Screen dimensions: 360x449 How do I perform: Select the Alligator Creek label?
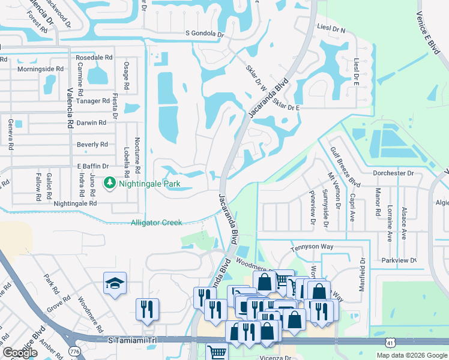[156, 223]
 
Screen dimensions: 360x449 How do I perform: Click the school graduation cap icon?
[115, 284]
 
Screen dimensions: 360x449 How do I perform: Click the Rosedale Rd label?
[94, 58]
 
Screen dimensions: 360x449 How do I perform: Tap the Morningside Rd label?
[40, 69]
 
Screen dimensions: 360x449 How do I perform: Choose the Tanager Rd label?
[93, 101]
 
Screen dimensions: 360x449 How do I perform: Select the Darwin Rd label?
[92, 122]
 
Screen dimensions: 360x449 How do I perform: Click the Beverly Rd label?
[92, 145]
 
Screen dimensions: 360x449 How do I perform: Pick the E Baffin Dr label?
[92, 166]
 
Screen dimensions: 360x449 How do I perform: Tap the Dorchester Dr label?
[393, 173]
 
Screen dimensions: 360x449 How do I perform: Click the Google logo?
[20, 353]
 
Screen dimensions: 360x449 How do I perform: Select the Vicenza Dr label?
[275, 356]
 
